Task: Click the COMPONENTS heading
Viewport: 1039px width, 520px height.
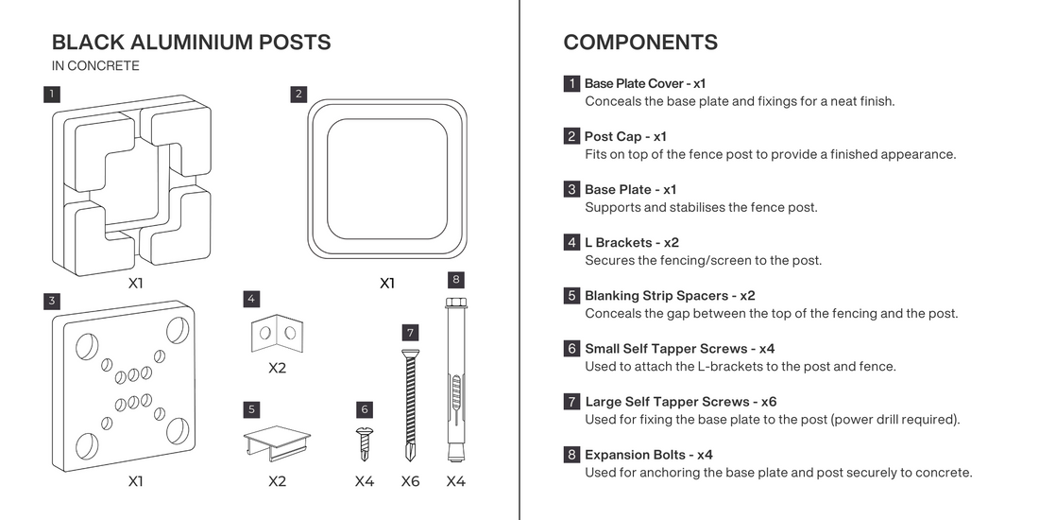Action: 639,43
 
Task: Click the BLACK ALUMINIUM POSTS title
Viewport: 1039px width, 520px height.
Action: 191,43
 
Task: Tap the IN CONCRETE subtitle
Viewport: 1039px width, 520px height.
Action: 95,66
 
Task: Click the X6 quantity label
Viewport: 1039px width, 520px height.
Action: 410,481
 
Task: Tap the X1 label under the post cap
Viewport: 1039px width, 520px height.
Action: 387,283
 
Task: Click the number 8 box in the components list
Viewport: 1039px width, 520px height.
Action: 571,455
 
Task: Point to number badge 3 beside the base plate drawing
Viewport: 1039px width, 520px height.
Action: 52,302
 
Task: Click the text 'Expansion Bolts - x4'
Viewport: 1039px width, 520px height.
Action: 648,455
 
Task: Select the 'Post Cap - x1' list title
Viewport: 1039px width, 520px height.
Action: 625,136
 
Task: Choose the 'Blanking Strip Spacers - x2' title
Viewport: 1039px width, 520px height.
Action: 670,295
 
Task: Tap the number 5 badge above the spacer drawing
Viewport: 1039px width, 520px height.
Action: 251,409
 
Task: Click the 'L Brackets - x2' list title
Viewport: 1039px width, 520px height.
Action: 631,242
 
